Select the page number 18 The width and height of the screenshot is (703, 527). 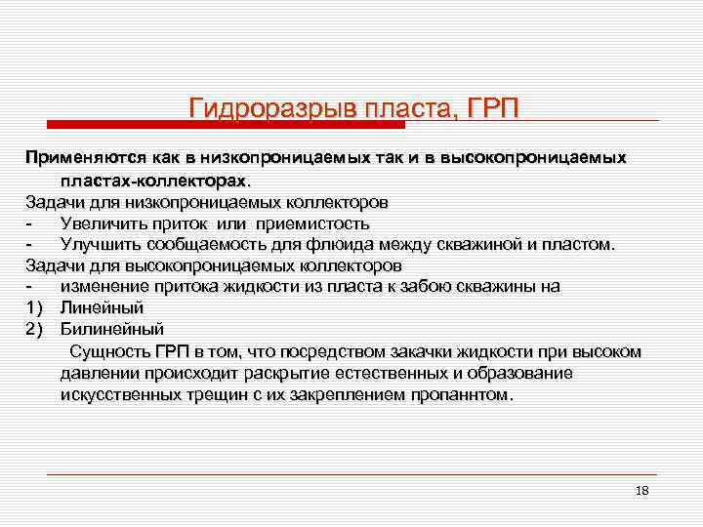click(x=641, y=490)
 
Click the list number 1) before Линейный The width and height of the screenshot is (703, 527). click(x=35, y=307)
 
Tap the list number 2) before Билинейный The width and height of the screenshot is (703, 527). click(x=35, y=329)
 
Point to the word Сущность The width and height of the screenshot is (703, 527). click(x=109, y=351)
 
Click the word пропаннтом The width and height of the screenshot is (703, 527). click(x=465, y=395)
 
